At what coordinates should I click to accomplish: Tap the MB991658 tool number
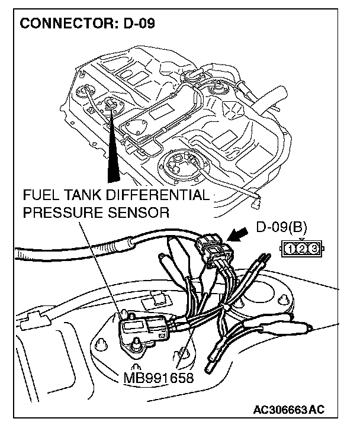159,377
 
